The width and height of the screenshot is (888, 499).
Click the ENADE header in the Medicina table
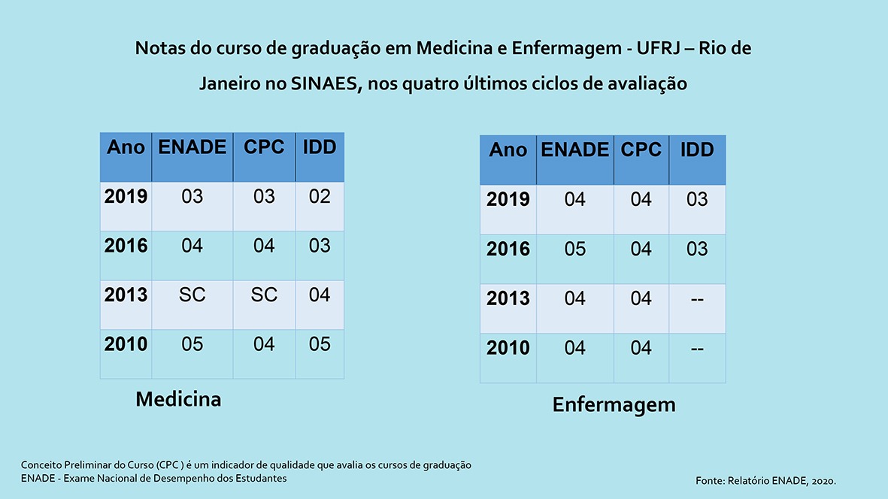(x=192, y=147)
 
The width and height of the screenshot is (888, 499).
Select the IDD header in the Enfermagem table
(x=697, y=150)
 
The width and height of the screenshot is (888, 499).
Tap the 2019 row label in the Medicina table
(x=126, y=197)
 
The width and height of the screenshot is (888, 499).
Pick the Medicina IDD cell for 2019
(x=320, y=197)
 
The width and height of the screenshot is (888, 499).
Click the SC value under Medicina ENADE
(x=192, y=295)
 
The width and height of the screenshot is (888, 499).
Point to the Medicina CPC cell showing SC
(x=264, y=295)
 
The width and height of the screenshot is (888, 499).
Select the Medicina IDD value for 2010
(x=320, y=344)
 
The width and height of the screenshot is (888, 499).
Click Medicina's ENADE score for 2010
(x=192, y=344)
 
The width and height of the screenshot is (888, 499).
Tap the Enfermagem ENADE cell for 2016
(x=575, y=249)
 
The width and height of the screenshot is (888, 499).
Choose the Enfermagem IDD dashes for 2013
(x=697, y=299)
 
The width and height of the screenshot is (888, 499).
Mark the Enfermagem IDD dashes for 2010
(x=697, y=348)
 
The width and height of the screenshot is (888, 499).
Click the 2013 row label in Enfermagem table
(x=508, y=299)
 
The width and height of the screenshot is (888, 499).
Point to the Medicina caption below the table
(x=178, y=399)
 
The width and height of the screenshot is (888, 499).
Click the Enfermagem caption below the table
(x=614, y=405)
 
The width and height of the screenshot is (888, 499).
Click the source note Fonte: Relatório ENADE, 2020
(x=766, y=479)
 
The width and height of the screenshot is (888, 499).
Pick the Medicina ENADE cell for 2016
(x=192, y=246)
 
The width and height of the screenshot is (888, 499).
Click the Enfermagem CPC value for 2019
(x=641, y=200)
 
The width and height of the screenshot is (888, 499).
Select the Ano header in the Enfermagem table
(x=508, y=150)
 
